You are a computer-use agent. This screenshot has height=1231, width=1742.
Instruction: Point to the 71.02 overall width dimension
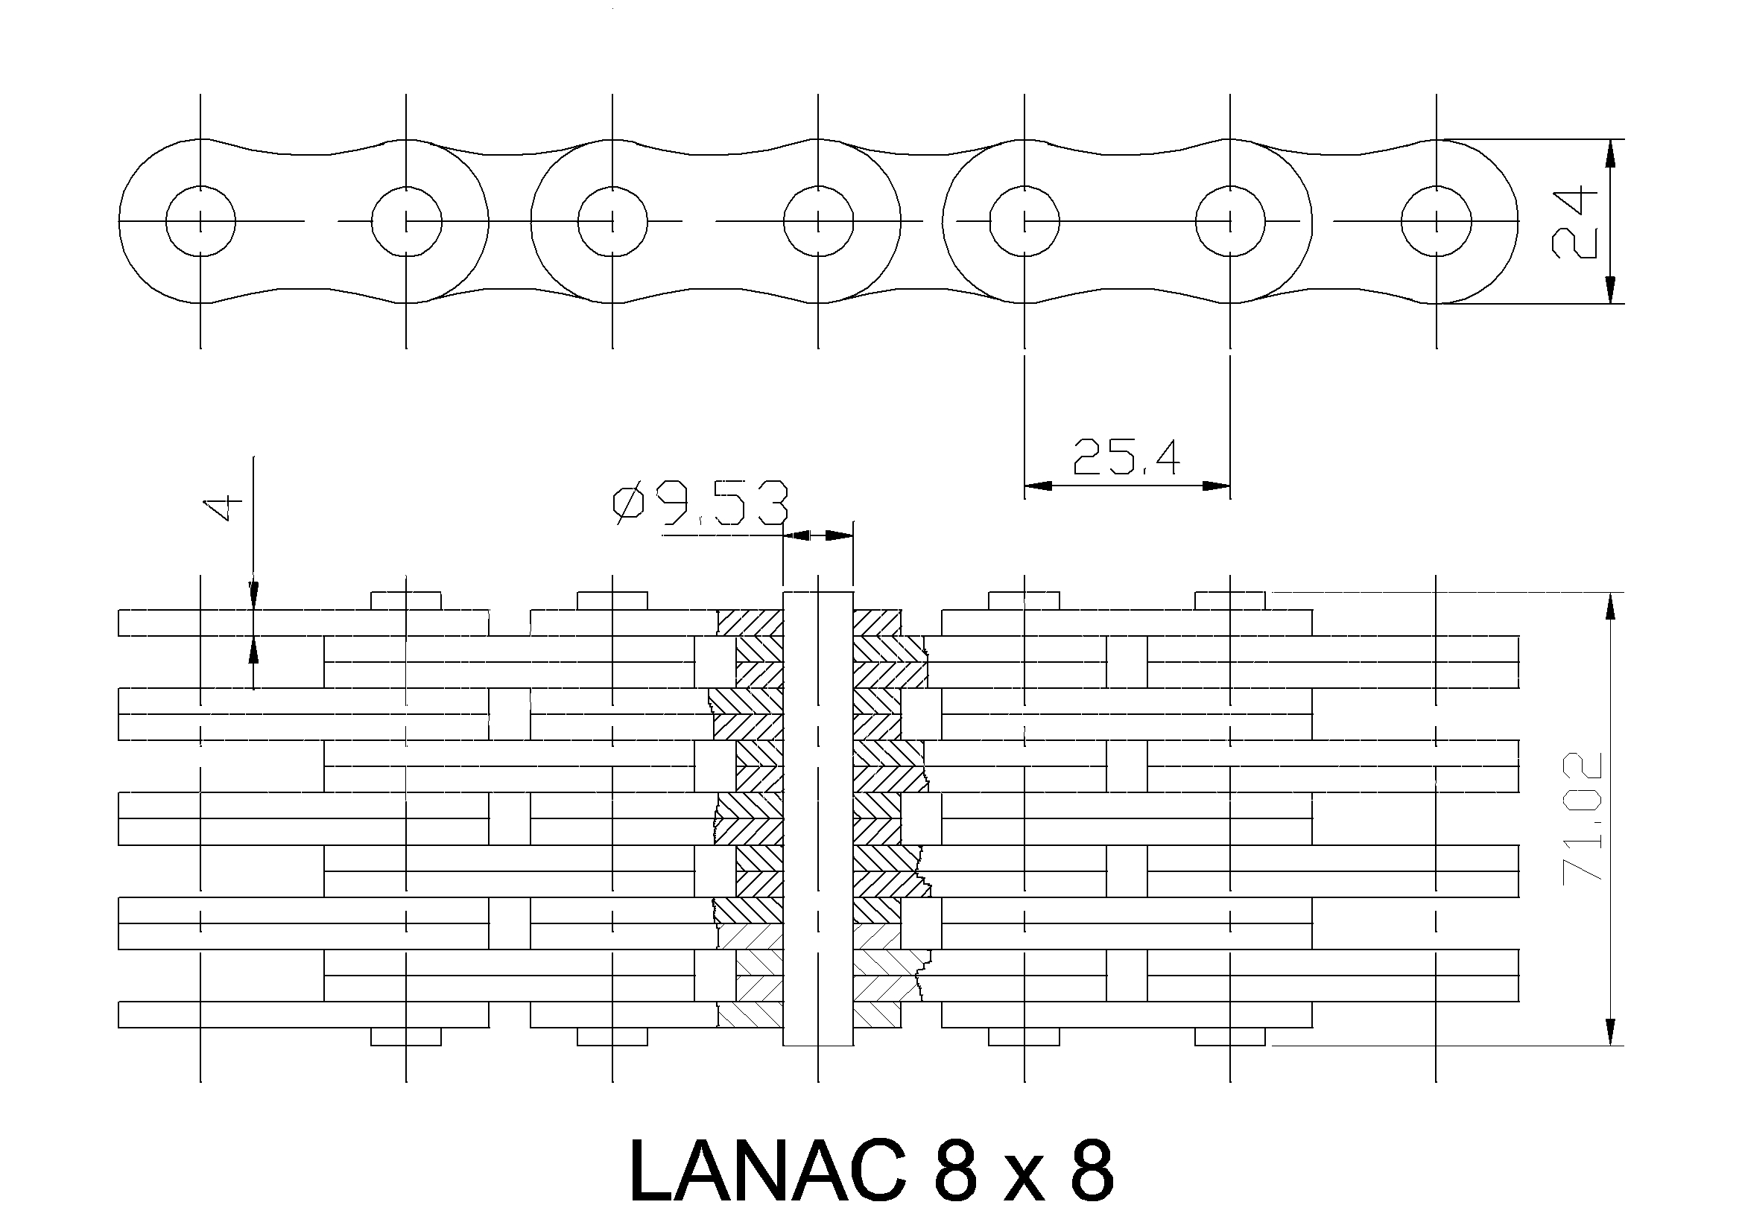click(x=1583, y=816)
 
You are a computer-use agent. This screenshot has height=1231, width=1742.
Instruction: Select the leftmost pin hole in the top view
click(x=200, y=221)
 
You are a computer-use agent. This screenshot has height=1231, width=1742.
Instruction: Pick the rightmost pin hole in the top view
click(x=1437, y=221)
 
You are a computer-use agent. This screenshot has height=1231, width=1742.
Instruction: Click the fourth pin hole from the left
click(x=818, y=221)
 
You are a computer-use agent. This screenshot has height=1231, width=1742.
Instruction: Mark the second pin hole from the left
click(x=406, y=221)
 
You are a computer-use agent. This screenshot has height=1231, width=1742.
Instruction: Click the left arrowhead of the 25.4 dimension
click(x=1038, y=486)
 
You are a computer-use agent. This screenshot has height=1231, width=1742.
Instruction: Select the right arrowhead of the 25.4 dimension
click(x=1216, y=486)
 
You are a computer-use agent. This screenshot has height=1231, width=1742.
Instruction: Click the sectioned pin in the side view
click(x=818, y=818)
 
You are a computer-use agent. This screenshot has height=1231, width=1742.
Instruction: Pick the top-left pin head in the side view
click(x=406, y=600)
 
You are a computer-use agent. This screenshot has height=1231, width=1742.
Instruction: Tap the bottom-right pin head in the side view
click(x=1230, y=1036)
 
